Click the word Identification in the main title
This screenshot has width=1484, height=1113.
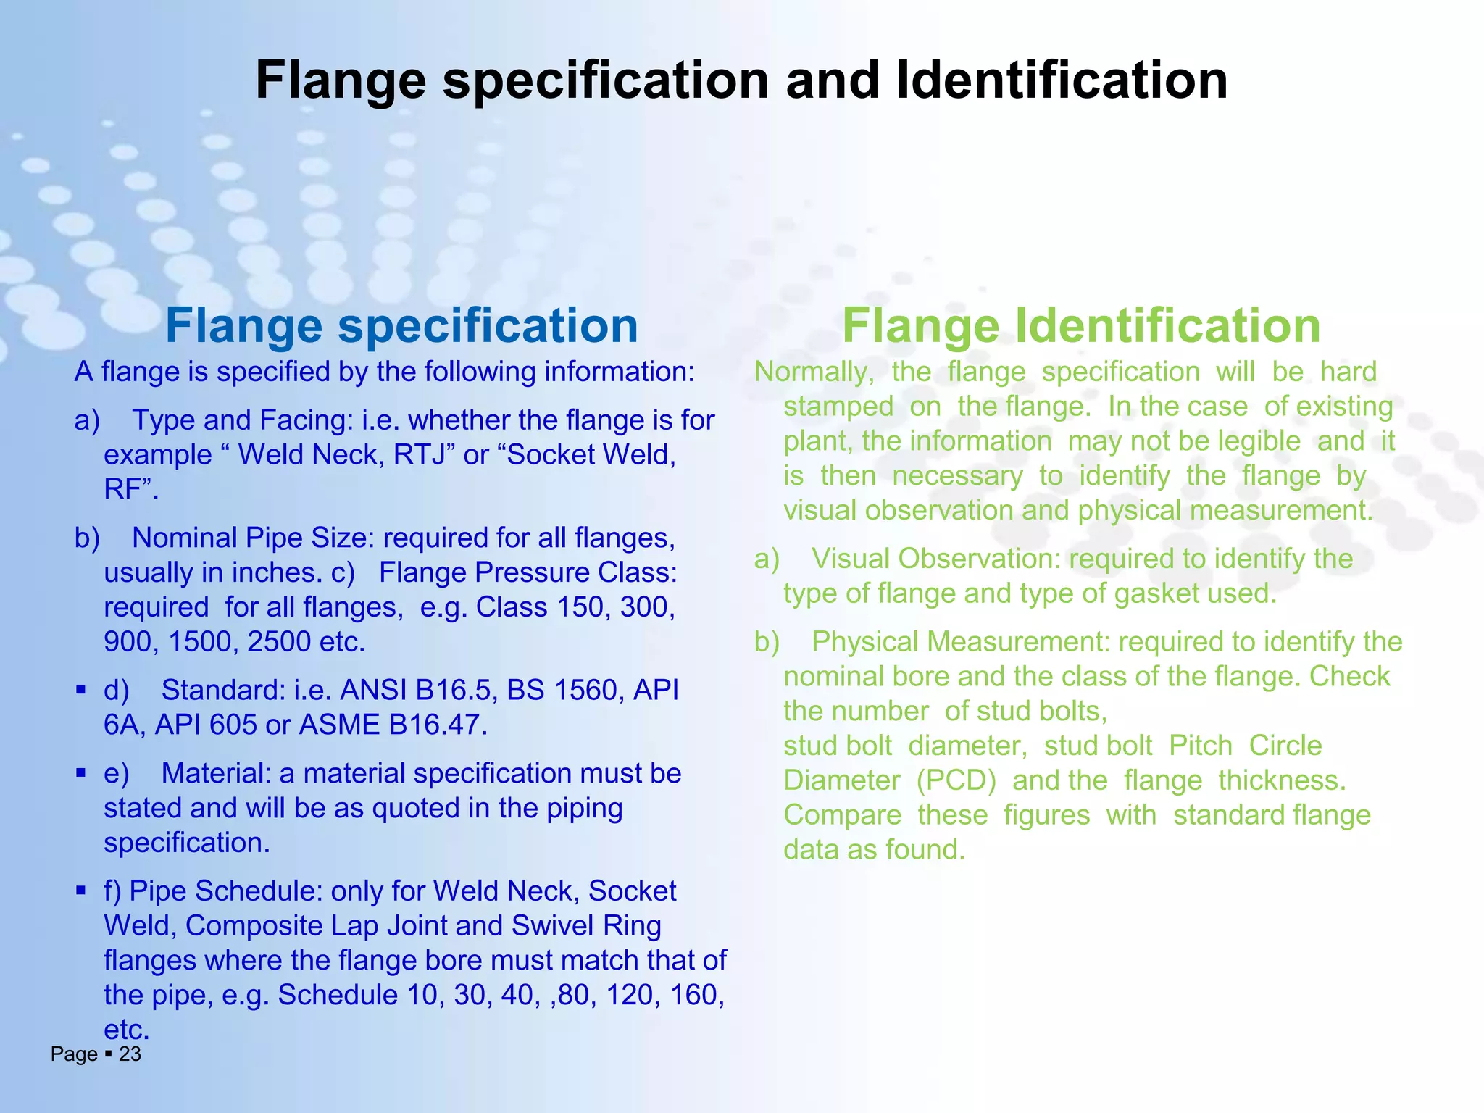tap(1062, 80)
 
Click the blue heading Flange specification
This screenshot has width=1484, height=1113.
tap(401, 325)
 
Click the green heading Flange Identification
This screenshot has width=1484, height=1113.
tap(1081, 325)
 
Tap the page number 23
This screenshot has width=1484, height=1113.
tap(130, 1054)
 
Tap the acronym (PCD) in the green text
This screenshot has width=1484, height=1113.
tap(956, 780)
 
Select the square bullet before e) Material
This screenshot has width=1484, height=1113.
tap(80, 772)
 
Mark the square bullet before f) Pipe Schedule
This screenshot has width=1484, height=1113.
tap(80, 890)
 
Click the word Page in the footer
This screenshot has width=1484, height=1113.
tap(73, 1054)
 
